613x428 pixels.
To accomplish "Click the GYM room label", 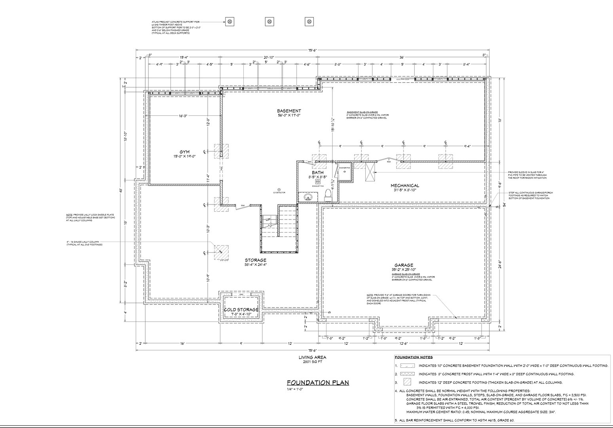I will [184, 152].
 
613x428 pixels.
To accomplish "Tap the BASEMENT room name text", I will [289, 111].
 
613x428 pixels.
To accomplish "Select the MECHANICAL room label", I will [405, 185].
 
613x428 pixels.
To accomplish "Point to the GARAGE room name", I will [404, 265].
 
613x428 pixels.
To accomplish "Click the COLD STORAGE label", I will [241, 310].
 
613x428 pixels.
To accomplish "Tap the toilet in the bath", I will [328, 195].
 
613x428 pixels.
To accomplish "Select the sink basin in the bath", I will [308, 197].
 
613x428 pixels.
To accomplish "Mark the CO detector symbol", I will [279, 189].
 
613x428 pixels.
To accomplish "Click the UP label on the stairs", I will [268, 220].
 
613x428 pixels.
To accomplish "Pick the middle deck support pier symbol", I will [269, 21].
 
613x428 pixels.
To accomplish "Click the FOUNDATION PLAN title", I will [318, 382].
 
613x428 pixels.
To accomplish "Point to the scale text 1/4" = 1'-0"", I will [295, 389].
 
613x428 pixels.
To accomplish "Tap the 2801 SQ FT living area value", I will [312, 362].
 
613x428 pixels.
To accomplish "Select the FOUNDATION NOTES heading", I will [414, 357].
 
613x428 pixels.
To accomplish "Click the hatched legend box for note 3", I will [407, 382].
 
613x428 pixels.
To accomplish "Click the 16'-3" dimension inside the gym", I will [182, 116].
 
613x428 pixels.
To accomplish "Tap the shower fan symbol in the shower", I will [344, 172].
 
